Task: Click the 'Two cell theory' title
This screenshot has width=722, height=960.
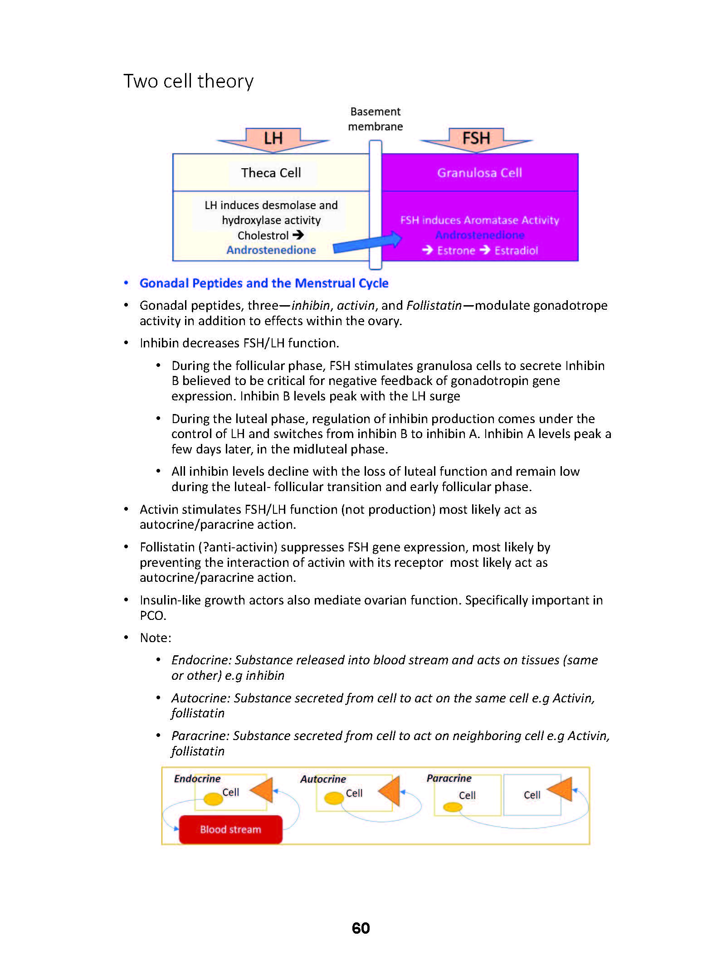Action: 188,82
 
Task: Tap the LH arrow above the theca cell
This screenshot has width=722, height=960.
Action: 273,140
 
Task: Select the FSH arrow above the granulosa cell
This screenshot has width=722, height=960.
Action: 476,140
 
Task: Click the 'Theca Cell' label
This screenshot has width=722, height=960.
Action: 271,173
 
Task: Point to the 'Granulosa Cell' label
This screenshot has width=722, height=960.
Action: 479,173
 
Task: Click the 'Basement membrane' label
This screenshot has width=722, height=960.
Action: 376,119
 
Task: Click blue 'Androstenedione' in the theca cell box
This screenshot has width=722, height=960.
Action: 271,250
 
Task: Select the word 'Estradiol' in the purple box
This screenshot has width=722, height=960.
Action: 516,250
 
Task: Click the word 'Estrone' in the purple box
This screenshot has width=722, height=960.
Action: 456,250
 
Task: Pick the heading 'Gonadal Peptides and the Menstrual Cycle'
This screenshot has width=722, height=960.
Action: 264,283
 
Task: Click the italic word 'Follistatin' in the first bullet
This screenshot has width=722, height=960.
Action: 434,305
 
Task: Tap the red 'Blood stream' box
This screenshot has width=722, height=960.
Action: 230,829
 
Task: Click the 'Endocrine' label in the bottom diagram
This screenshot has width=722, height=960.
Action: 197,779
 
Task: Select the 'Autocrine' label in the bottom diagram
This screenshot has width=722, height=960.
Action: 323,779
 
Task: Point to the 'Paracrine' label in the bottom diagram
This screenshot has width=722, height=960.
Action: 449,778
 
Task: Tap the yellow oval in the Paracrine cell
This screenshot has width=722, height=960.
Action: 453,807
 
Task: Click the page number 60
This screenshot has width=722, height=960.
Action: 361,928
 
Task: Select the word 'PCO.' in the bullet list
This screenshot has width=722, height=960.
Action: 153,615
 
